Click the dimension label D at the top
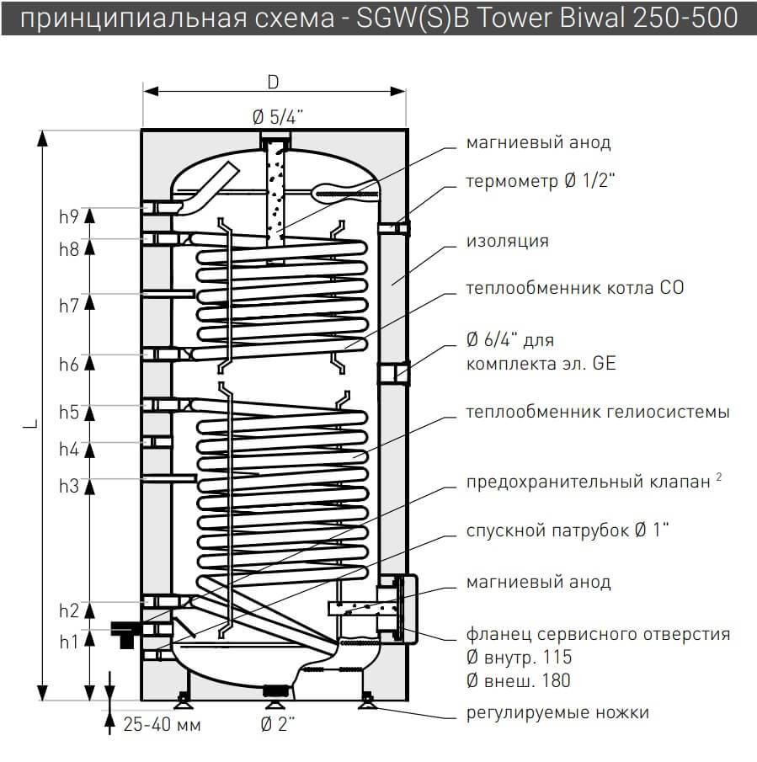click(x=273, y=82)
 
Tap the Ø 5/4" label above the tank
click(x=275, y=118)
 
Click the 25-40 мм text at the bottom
click(x=163, y=723)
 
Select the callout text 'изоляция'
click(x=507, y=242)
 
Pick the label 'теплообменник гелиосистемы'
click(x=598, y=413)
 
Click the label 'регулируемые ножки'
click(x=557, y=713)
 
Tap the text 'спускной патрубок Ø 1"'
click(x=568, y=531)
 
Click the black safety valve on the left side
click(x=124, y=632)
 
